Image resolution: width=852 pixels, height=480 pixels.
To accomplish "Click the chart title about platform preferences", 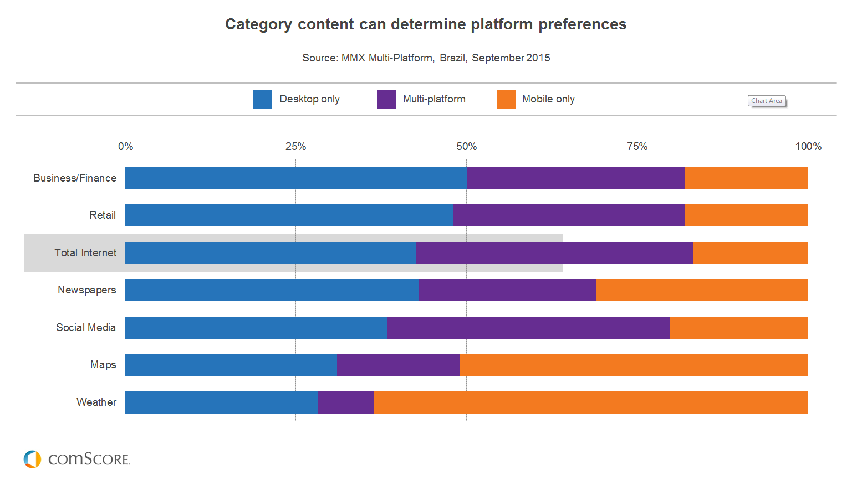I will click(x=426, y=24).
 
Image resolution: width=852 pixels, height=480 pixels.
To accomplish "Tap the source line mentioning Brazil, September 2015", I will click(x=426, y=58).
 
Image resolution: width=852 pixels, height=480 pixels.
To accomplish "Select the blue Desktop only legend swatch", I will click(x=262, y=99).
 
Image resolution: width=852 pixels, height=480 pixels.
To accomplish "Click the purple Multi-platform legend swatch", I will click(x=386, y=99).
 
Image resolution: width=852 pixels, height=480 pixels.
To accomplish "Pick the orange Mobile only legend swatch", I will click(x=506, y=99).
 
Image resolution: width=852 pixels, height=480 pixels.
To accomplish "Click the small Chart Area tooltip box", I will click(x=767, y=101).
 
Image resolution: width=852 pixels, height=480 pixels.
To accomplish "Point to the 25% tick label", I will click(x=295, y=146).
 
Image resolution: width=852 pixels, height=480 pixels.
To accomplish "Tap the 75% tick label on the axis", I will click(x=637, y=146).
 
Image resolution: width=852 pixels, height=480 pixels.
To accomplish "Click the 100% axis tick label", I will click(x=808, y=146).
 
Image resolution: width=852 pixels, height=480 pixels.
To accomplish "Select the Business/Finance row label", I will click(x=75, y=178).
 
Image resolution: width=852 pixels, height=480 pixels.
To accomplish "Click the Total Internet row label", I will click(x=85, y=252).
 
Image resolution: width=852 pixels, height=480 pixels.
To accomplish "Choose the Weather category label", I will click(x=96, y=402).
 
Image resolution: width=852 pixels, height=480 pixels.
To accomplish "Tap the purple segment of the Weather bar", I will click(x=345, y=402).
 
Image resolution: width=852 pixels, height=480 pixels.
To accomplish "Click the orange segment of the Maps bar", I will click(x=633, y=365).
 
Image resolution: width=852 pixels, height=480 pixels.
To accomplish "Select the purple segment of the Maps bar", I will click(x=398, y=365).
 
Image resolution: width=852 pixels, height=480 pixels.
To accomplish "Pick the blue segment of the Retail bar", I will click(x=289, y=215).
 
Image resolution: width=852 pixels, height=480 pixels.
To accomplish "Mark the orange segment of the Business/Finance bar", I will click(x=746, y=178).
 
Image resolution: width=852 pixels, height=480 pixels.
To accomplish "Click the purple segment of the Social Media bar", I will click(x=528, y=327).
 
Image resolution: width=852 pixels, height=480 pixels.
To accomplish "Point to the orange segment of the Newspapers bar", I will click(x=702, y=290).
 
